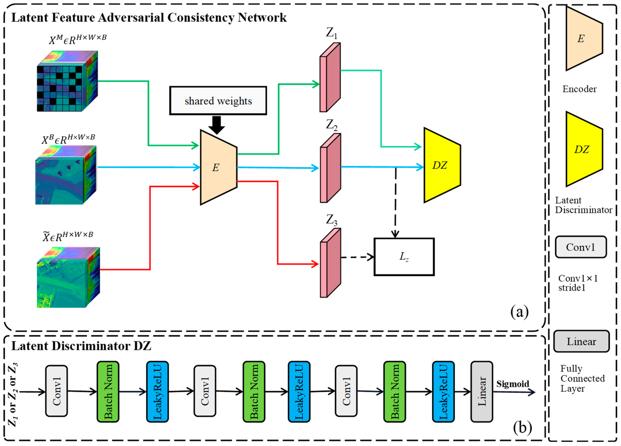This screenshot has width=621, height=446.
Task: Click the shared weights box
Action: (218, 101)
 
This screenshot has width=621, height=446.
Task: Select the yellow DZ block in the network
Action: (441, 165)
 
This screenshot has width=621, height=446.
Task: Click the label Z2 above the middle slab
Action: (331, 125)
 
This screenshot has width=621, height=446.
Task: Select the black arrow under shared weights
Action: (217, 125)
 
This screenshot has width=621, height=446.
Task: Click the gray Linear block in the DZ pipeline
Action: (482, 392)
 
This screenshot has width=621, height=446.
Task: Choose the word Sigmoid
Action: (512, 384)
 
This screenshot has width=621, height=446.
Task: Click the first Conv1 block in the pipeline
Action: (56, 391)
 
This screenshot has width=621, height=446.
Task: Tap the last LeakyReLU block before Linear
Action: (443, 392)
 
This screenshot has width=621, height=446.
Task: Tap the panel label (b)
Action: (522, 427)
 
